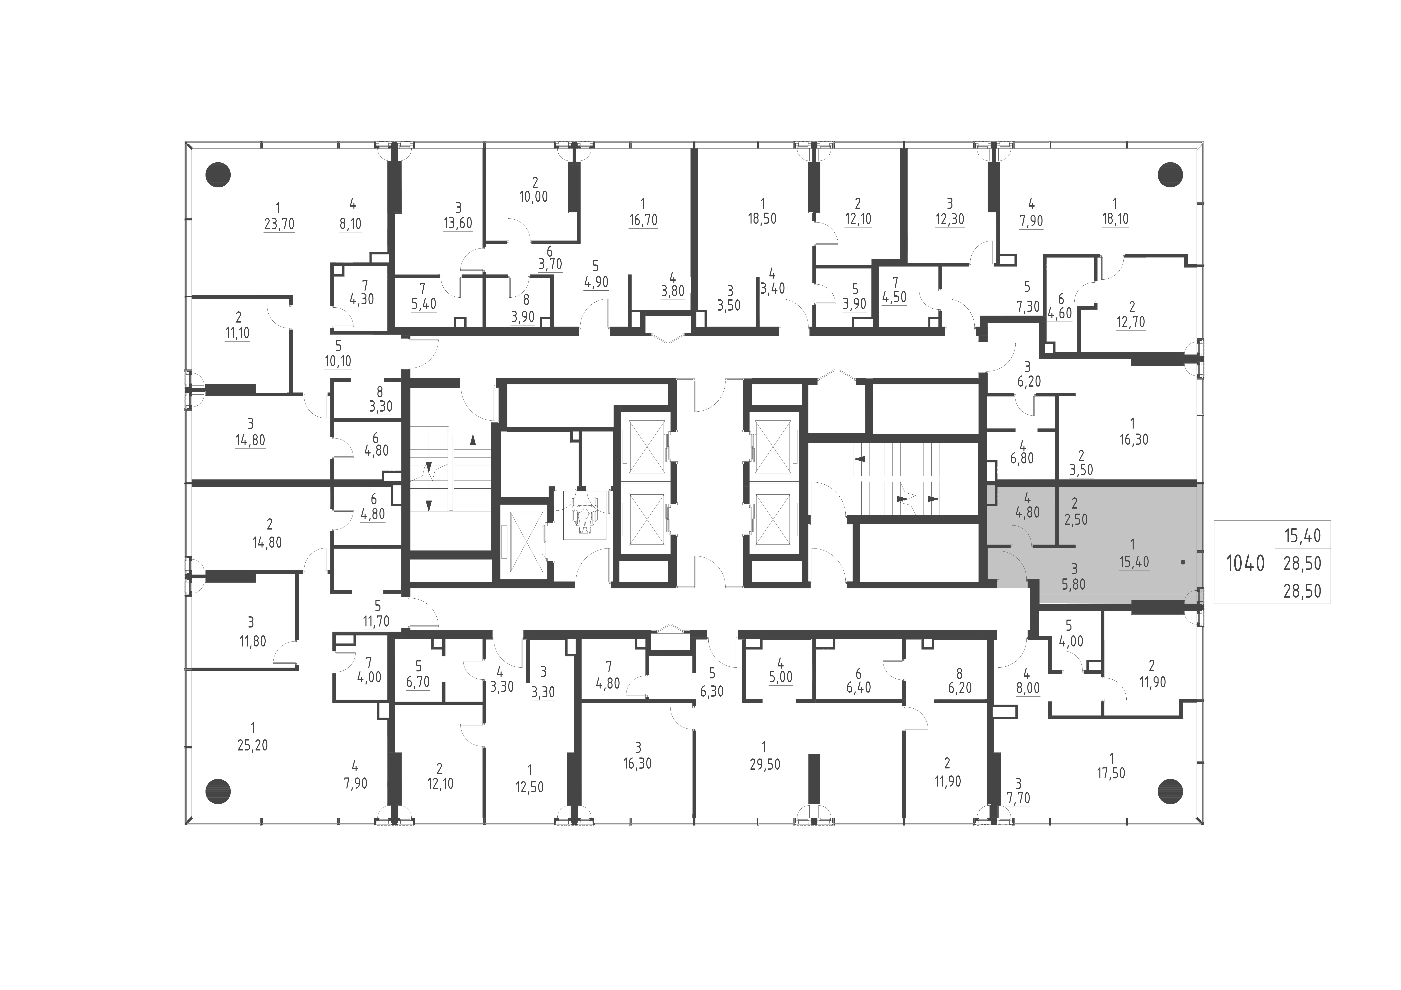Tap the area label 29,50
765,764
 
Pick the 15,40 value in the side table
1302,536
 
